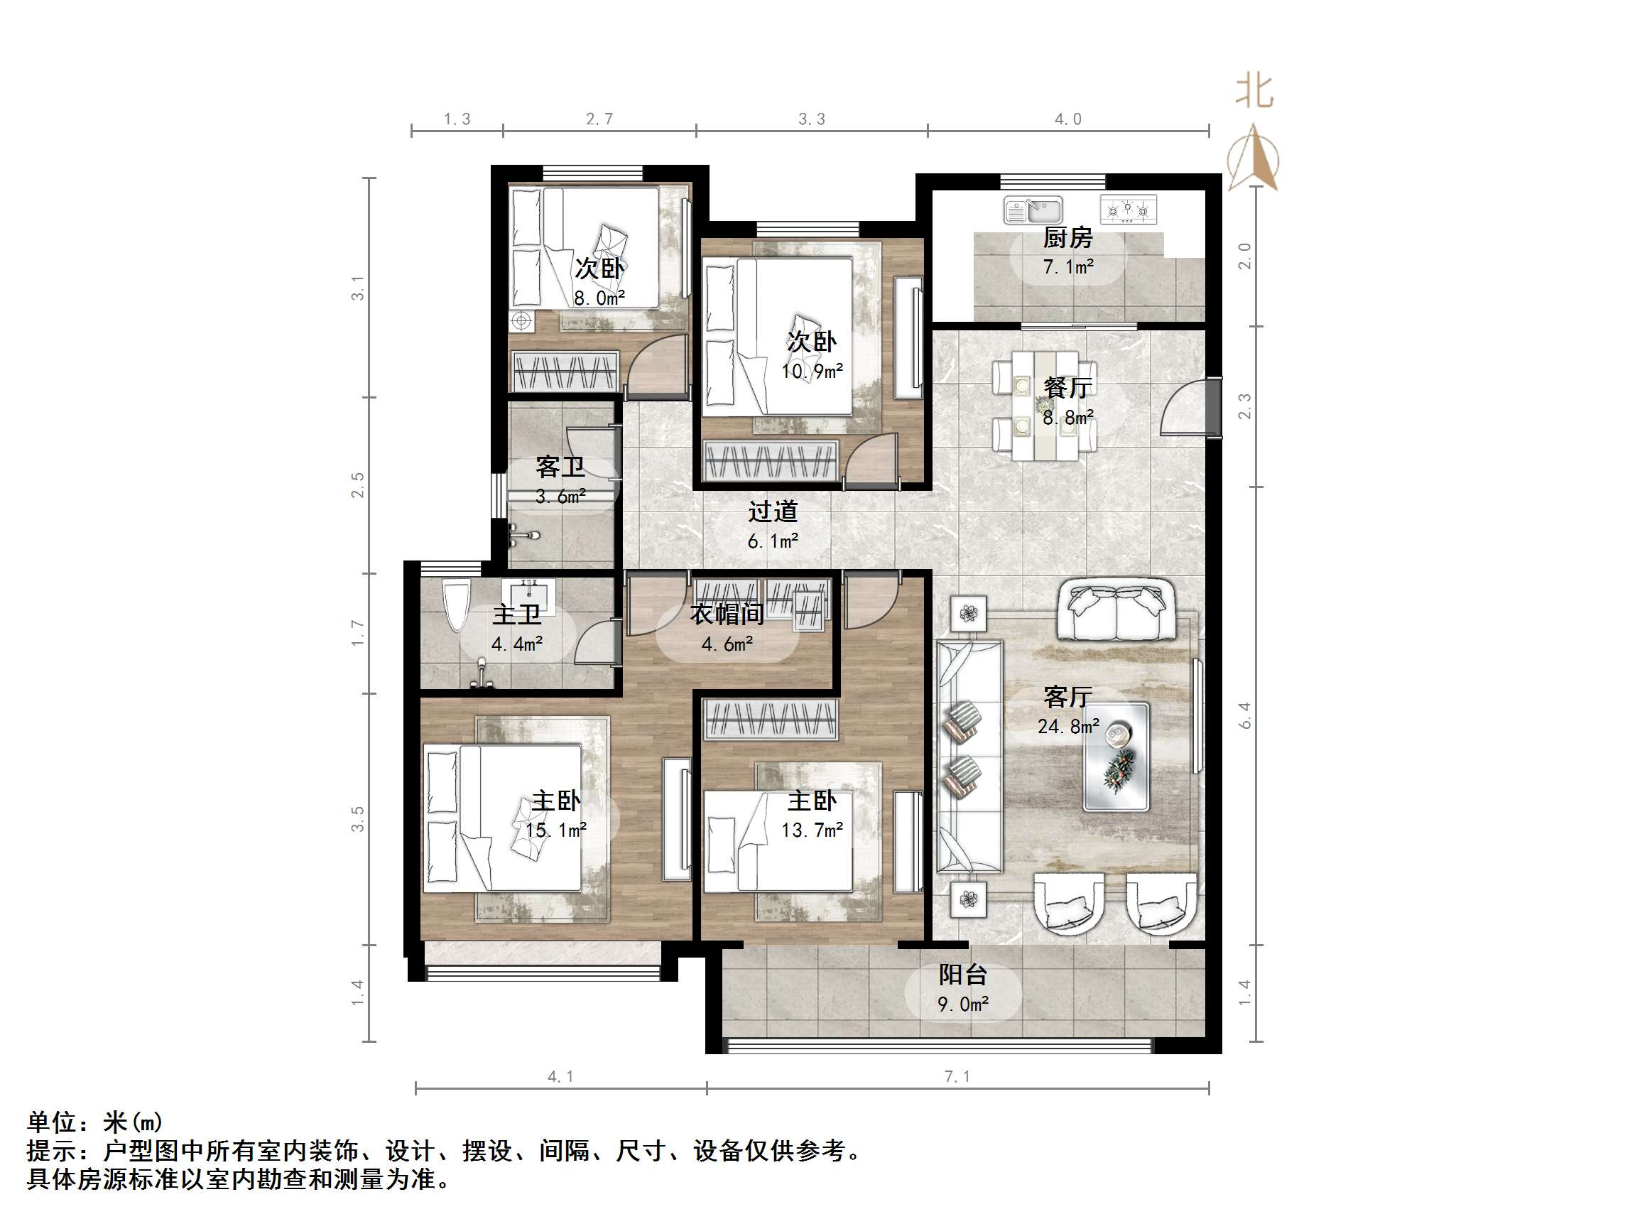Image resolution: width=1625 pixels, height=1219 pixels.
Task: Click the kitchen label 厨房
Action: point(1067,237)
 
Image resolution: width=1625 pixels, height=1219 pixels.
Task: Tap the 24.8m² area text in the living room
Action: point(1068,727)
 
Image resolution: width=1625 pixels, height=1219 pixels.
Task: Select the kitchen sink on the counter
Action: point(1033,210)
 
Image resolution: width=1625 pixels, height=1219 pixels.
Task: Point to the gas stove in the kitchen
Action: point(1128,210)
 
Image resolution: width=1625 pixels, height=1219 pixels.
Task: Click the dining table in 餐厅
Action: point(1045,406)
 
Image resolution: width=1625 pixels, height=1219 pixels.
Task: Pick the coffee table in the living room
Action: point(1116,757)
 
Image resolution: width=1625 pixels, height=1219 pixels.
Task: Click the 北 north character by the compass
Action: point(1254,92)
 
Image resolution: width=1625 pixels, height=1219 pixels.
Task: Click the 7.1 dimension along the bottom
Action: point(957,1076)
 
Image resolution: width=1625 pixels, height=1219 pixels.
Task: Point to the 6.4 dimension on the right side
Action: point(1244,715)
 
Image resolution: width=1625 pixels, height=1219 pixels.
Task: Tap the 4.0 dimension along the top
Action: point(1067,119)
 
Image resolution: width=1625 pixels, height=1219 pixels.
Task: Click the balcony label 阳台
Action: point(962,975)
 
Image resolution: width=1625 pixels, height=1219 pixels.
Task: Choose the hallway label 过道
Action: point(773,511)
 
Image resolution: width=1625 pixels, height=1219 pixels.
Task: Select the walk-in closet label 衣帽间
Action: point(727,614)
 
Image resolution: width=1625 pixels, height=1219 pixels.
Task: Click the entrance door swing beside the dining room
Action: point(1183,408)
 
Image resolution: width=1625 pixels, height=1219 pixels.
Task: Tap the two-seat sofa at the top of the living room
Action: point(1115,610)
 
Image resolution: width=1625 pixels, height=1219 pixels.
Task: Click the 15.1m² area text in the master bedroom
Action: point(556,830)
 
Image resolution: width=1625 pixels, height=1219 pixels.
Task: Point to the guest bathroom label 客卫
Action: point(560,467)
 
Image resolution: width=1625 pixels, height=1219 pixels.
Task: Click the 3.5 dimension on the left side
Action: point(357,818)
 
